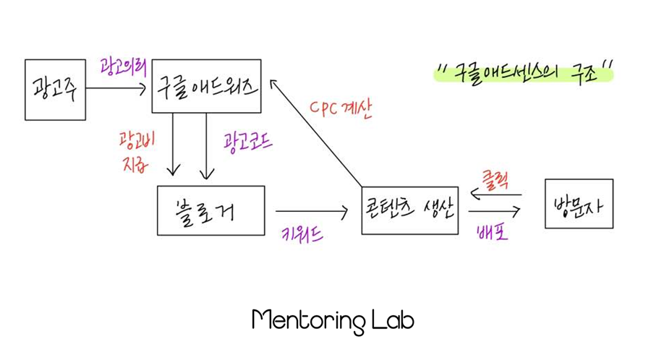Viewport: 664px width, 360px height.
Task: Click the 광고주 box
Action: click(55, 90)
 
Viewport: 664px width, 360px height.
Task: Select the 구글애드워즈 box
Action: click(206, 86)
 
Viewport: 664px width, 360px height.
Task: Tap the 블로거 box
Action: click(210, 210)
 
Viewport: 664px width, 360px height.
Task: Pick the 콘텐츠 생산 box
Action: click(409, 209)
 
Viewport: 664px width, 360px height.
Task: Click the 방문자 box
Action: click(579, 204)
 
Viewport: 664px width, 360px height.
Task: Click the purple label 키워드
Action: click(302, 233)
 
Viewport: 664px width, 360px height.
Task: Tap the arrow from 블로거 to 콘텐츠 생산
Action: click(312, 212)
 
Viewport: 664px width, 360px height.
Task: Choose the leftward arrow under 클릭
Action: click(495, 194)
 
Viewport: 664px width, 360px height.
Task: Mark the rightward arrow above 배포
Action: click(495, 212)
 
